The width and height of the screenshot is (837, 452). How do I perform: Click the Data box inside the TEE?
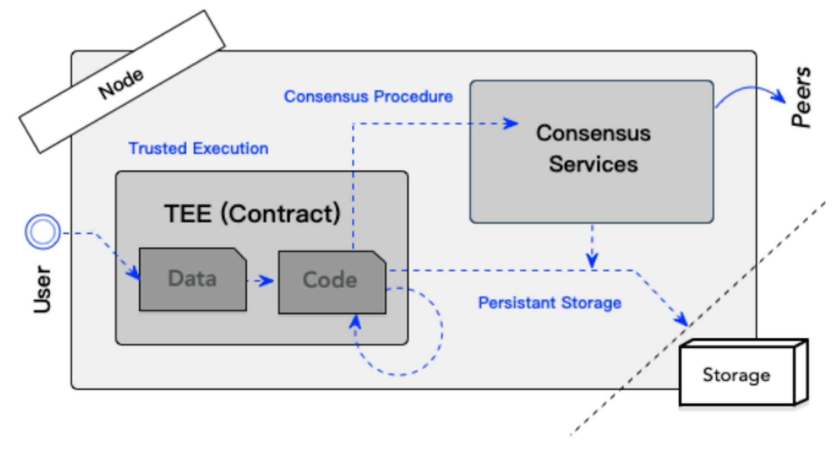pos(192,279)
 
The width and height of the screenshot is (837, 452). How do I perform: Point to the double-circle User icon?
pos(42,231)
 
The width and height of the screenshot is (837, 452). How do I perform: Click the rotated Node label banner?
pos(122,82)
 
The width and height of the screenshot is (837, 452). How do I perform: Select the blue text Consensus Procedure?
pos(368,97)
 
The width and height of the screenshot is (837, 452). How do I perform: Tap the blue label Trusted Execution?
pos(198,148)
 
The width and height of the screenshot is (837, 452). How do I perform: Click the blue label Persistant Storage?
pos(549,303)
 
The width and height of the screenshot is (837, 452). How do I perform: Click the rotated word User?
pos(42,289)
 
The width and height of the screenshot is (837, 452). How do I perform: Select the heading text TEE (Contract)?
pos(252,213)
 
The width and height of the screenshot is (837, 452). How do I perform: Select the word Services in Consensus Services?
pos(593,165)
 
